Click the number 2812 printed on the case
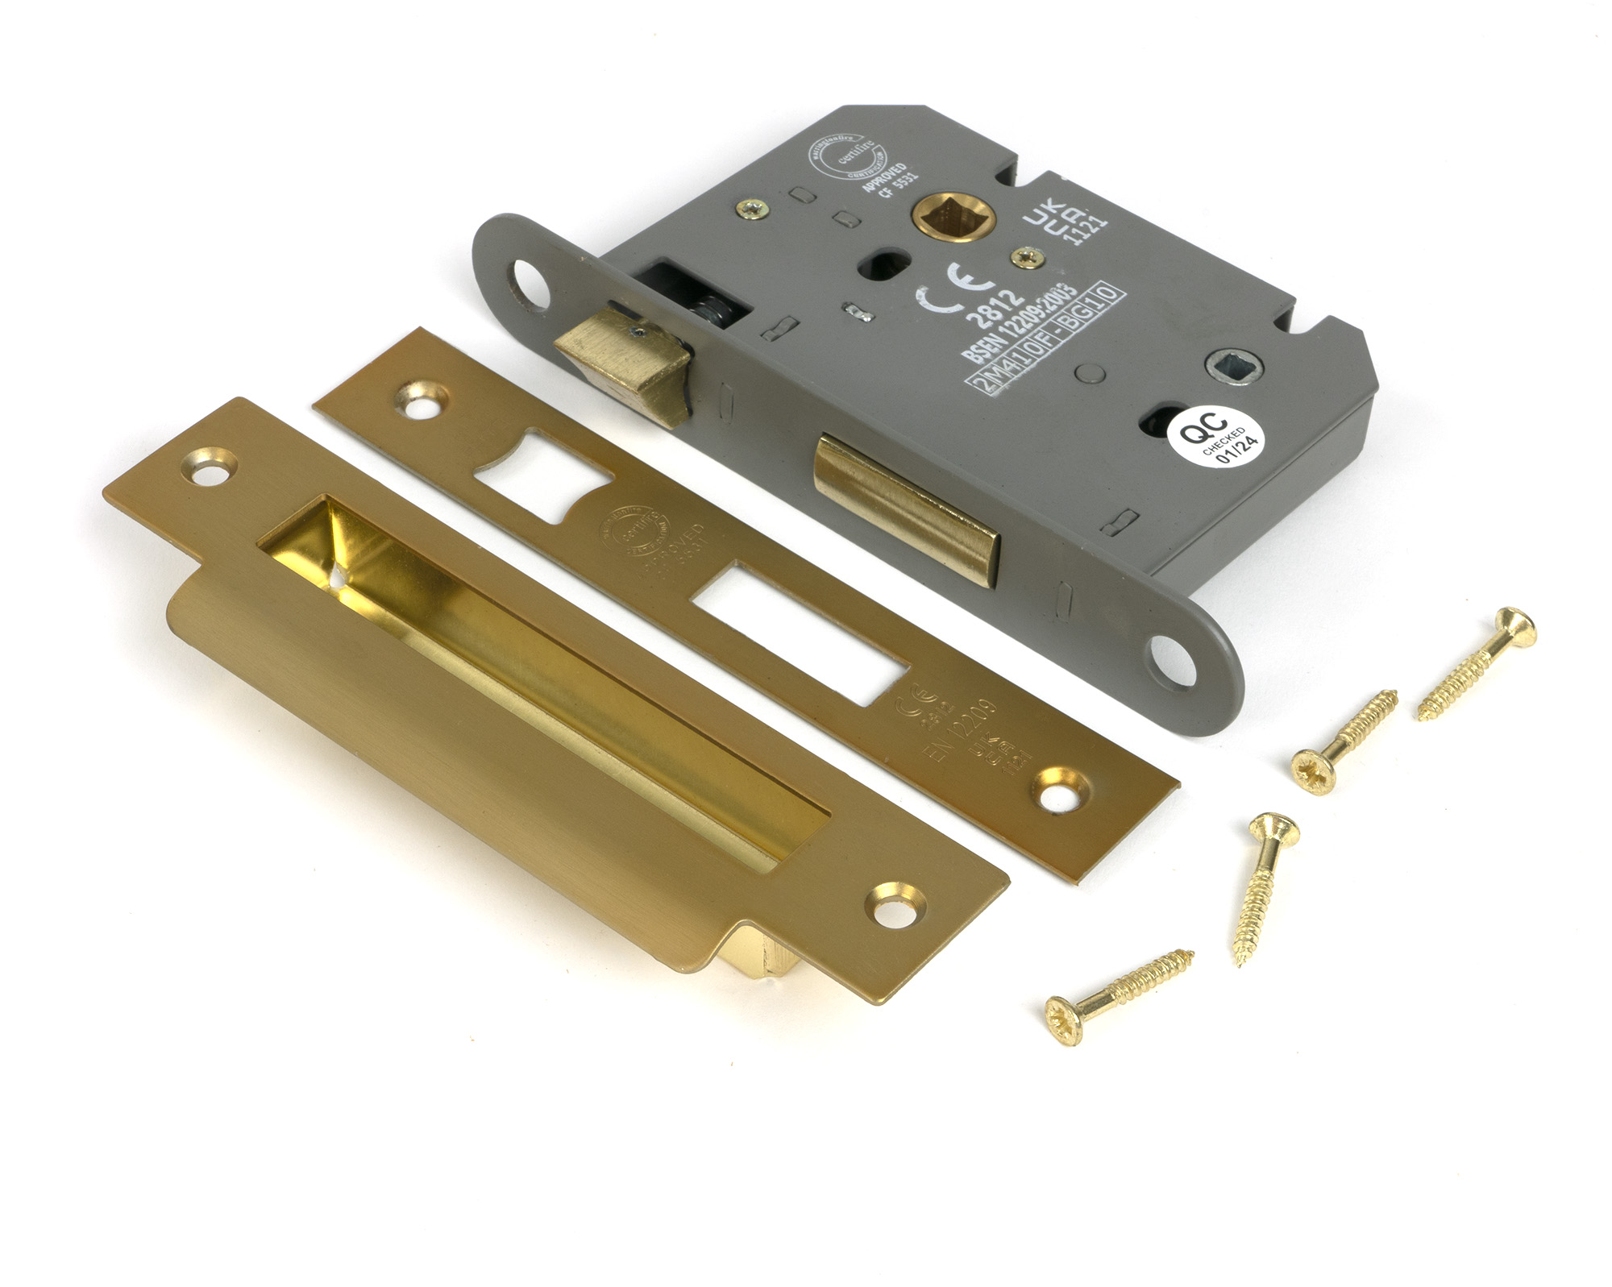tap(995, 305)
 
